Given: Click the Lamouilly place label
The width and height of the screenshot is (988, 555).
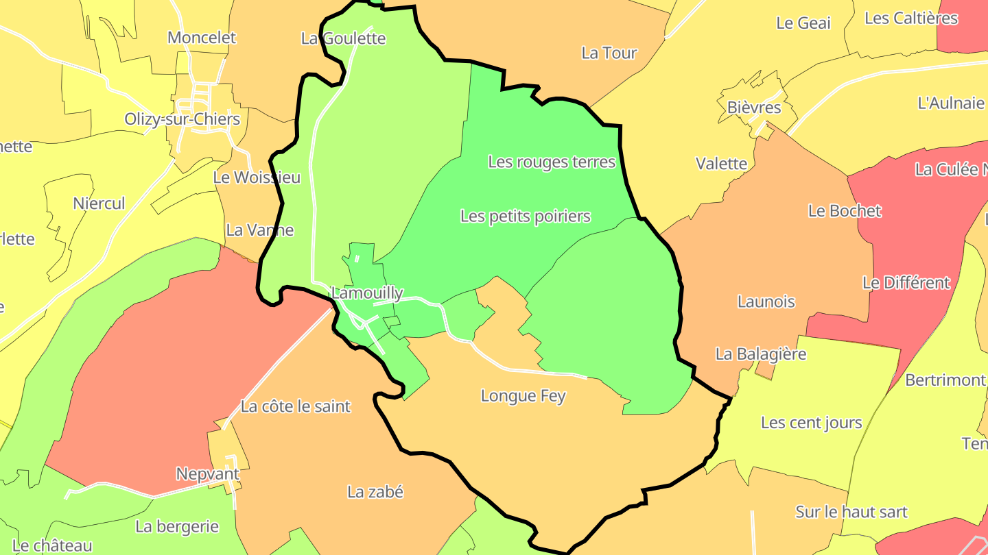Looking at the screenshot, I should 368,293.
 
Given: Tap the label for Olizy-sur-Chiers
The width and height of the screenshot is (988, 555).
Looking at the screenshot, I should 183,119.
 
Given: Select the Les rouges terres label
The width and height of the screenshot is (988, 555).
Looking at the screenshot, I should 552,162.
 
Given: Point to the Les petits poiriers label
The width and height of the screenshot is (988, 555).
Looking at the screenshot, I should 526,217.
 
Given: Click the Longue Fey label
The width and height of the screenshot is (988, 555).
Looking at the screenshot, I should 524,396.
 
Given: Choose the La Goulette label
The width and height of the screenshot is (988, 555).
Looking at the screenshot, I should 343,38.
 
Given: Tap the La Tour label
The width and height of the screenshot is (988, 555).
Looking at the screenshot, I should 609,53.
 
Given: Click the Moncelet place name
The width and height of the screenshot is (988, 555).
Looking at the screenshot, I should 202,38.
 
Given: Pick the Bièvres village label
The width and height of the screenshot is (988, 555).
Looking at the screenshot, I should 754,108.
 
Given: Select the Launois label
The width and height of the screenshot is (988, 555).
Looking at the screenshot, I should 766,301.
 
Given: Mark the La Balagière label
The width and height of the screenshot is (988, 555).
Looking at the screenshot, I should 761,354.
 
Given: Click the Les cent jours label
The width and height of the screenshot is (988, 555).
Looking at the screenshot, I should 812,423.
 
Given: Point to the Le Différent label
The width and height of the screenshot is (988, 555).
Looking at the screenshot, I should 906,282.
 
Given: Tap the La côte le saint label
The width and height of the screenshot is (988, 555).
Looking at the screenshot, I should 296,406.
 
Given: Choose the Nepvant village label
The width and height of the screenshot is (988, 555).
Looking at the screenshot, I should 208,474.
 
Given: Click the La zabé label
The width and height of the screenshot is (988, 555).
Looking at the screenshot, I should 375,492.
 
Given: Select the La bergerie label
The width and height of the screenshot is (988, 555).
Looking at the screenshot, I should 177,527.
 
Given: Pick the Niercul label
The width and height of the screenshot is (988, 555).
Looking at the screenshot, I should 99,203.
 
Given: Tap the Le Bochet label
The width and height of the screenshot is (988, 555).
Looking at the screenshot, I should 845,211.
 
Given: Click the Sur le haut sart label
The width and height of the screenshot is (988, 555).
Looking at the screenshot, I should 851,512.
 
